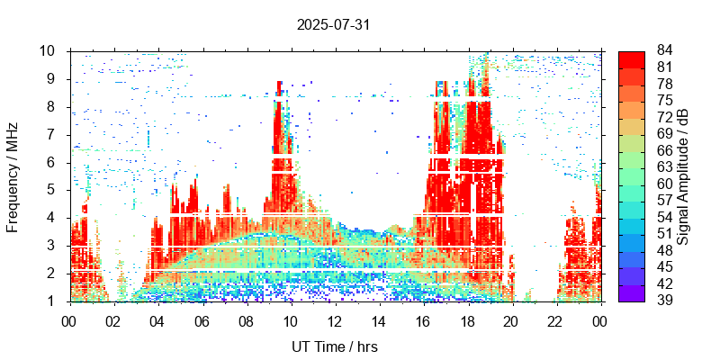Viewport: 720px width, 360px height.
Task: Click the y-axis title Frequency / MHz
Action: [13, 175]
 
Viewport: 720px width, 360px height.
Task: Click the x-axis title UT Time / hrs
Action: [333, 346]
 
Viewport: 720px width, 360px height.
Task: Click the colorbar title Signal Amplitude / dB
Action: [684, 175]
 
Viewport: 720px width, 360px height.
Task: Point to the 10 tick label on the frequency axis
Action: [50, 51]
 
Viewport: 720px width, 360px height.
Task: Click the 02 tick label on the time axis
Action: [112, 320]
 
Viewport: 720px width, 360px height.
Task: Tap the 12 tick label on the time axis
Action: [334, 320]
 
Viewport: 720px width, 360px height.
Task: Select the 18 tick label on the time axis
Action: [466, 320]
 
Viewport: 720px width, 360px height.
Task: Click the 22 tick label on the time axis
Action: [554, 320]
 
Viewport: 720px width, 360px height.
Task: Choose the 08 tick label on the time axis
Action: [245, 320]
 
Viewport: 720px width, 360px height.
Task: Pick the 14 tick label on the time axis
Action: [378, 320]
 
